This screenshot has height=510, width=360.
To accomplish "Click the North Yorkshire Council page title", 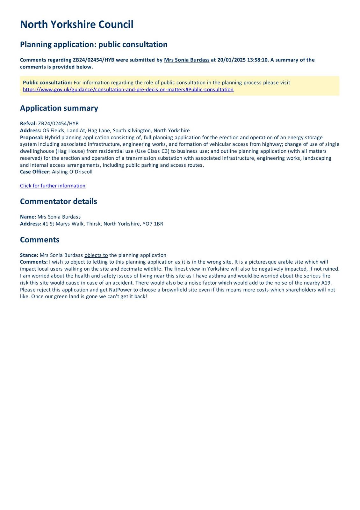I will pos(76,25).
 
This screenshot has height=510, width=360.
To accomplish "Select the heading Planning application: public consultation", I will pos(94,44).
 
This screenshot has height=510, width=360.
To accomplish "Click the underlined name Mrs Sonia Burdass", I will pos(187,60).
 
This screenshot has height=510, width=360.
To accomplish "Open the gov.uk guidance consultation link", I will pos(128,90).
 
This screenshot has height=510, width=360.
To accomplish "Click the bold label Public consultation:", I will pos(47,83).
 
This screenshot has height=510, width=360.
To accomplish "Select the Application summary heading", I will pos(59,108).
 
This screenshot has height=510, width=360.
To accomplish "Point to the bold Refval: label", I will pos(28,124).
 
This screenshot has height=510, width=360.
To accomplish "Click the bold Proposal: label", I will pos(32,137).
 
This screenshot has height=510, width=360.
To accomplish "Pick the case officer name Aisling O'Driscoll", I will pos(72,172).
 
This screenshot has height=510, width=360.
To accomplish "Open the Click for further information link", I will pos(53,186).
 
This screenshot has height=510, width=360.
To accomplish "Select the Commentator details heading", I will pos(58,201).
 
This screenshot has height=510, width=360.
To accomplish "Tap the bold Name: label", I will pos(28,217).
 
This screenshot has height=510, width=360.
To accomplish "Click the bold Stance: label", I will pos(29,255).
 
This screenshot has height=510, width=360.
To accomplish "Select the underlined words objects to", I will pos(96,255).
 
